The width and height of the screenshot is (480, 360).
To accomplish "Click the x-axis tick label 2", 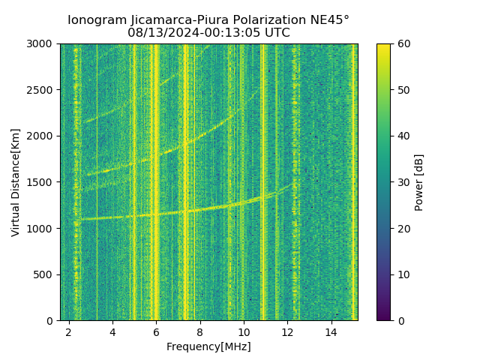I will click(x=69, y=331).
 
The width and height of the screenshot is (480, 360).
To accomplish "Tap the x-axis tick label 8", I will click(x=200, y=331).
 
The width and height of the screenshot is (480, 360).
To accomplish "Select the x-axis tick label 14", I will click(x=331, y=331).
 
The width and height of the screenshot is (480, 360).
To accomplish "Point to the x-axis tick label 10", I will click(x=244, y=331).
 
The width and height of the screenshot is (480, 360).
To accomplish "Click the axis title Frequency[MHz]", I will click(x=208, y=346).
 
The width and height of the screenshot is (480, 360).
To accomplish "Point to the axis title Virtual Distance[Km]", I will click(x=16, y=182).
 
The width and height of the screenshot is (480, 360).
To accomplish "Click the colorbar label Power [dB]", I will click(x=419, y=182).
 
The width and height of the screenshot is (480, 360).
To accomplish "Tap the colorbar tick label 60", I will click(x=402, y=43).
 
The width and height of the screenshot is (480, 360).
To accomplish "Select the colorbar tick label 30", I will click(x=402, y=182).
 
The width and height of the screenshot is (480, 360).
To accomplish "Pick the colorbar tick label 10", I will click(x=402, y=274).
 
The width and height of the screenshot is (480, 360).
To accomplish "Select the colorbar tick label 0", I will click(x=399, y=320).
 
